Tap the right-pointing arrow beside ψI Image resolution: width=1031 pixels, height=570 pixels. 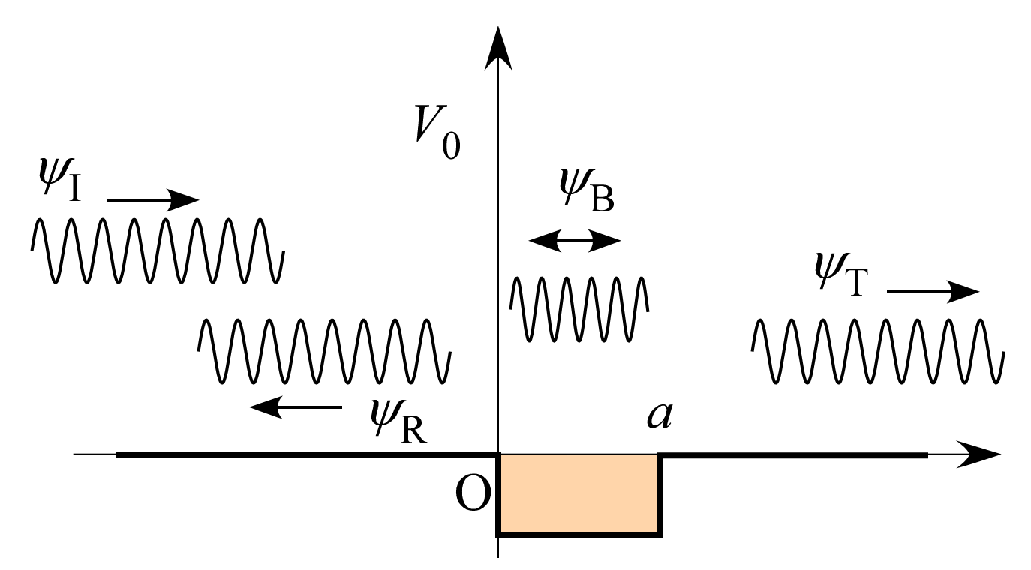click(153, 200)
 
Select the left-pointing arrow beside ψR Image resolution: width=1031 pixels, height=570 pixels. click(296, 407)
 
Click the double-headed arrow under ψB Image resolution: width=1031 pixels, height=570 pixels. click(575, 241)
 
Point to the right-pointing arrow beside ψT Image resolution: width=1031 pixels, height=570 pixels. click(933, 291)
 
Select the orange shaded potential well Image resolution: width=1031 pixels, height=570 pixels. click(579, 494)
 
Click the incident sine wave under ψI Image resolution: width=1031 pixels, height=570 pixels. click(157, 250)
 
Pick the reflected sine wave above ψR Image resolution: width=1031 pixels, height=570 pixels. click(324, 352)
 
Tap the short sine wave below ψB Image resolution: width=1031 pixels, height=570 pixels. click(579, 309)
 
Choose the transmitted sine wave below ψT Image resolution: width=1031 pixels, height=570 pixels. click(878, 352)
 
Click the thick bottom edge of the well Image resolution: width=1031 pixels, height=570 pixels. click(579, 535)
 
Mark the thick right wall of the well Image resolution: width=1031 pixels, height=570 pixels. click(660, 495)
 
